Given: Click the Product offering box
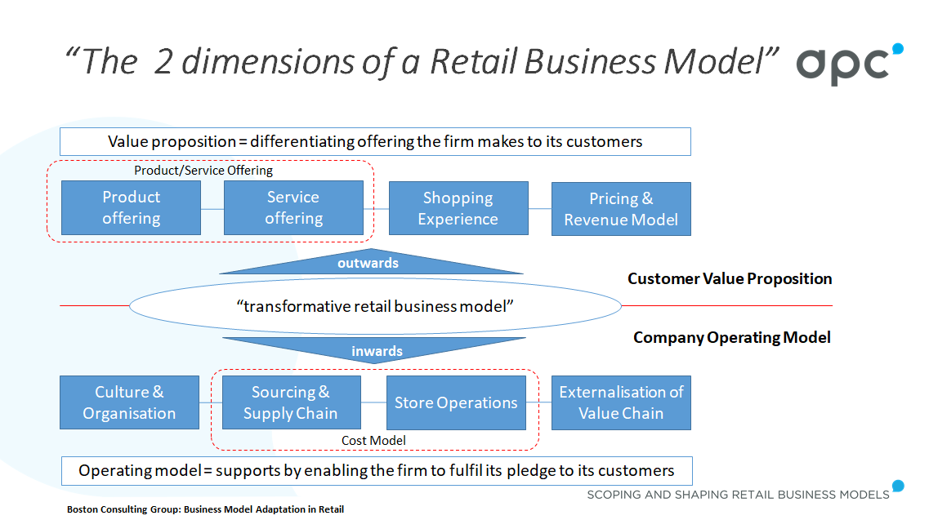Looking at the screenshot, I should pos(131,208).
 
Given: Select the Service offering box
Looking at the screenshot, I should pos(293,208).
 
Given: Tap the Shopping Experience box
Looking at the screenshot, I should pos(458,208).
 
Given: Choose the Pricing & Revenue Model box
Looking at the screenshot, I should pos(621,209).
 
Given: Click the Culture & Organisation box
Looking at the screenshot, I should pos(129,402).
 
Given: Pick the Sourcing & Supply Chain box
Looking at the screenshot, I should pos(291,402).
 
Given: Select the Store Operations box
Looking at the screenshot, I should pos(456,402).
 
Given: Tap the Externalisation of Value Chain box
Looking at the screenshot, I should pos(621,402).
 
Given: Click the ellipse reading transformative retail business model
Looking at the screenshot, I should pos(375,307).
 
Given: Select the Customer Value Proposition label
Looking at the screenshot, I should pos(730,279).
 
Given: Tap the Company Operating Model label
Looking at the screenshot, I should pos(731,337).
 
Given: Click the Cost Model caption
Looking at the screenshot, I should pos(373,441).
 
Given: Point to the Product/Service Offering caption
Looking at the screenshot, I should pos(203,171).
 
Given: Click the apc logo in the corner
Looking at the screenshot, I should pos(849,64).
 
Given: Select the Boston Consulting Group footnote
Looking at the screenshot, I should pos(205,509).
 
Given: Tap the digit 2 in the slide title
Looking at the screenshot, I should pos(163,62).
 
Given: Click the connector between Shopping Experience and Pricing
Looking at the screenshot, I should pos(539,209).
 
